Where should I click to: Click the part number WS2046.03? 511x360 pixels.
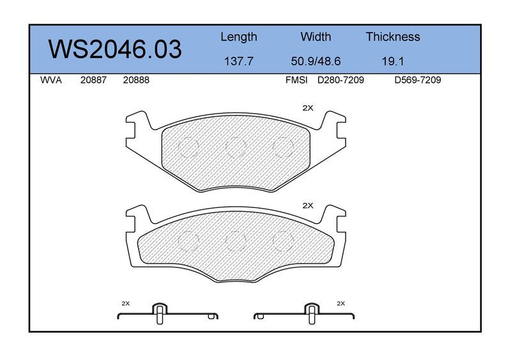point(115,49)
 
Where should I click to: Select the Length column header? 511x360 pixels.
point(239,37)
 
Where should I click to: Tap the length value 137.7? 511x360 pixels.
point(238,61)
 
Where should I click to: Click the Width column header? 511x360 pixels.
point(316,36)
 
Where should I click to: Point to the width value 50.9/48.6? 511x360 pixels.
point(316,61)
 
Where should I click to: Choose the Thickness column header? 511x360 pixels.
point(393,36)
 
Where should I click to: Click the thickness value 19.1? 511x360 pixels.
point(393,61)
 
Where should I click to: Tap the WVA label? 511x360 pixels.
point(51,80)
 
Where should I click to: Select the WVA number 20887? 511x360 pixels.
point(93,80)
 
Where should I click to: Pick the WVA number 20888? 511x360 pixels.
point(136,80)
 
